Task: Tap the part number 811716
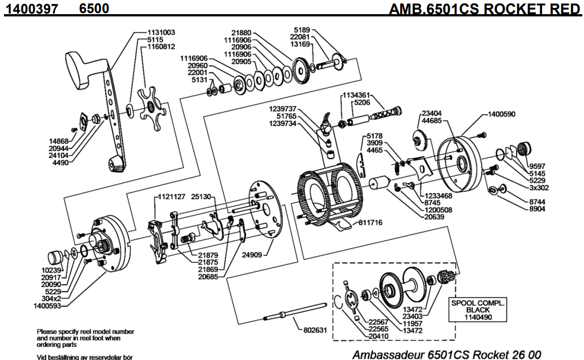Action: click(x=371, y=223)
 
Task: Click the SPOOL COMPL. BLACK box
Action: click(x=478, y=310)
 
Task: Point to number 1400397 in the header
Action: click(x=32, y=9)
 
